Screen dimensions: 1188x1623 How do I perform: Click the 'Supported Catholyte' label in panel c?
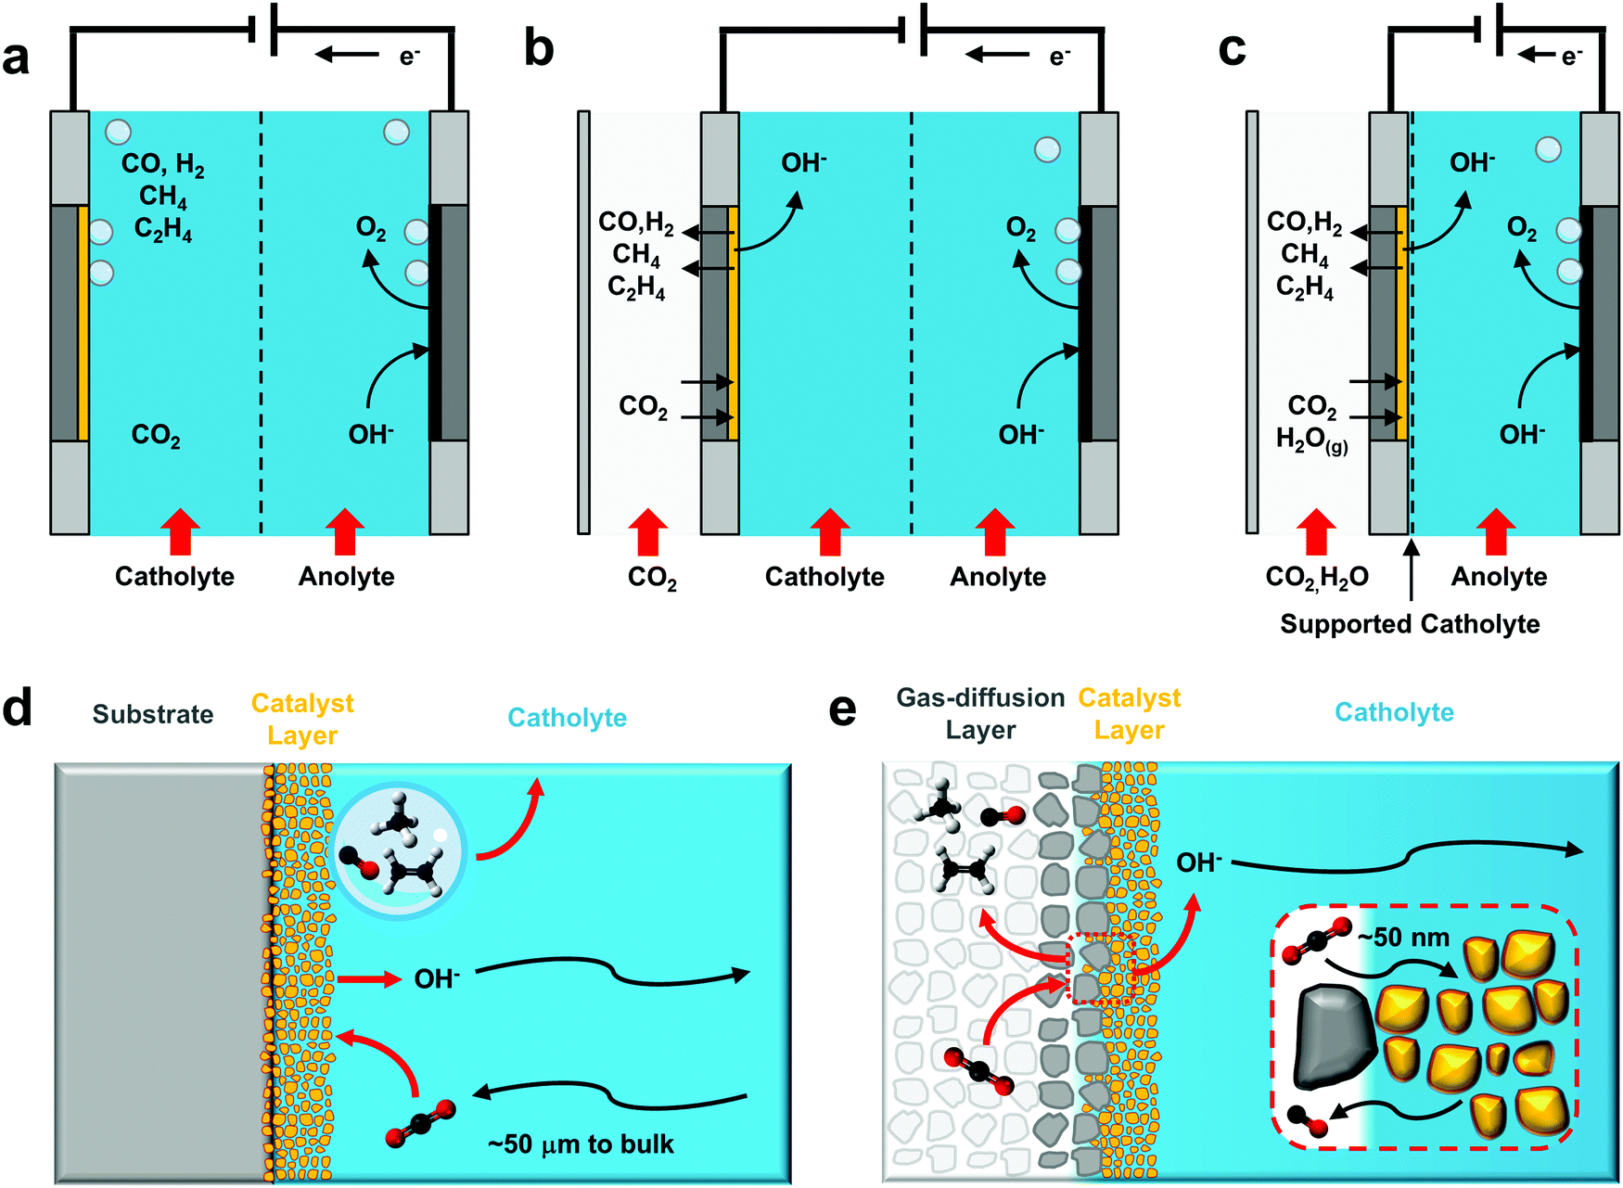(x=1409, y=624)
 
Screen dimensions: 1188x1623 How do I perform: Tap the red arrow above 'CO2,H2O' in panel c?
(x=1315, y=532)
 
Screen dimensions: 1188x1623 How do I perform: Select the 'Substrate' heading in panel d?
(x=153, y=714)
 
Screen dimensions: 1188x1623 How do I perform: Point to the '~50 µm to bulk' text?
(x=581, y=1144)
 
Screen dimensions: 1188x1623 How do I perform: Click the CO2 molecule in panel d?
(x=421, y=1123)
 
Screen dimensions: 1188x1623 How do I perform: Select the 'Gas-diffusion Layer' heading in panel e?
(x=980, y=713)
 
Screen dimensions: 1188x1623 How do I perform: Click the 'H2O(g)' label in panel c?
(x=1311, y=441)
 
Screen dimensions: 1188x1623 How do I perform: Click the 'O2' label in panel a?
(x=371, y=228)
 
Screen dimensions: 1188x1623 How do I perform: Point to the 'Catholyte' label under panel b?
(x=824, y=577)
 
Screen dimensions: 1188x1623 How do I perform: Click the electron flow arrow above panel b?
(x=998, y=55)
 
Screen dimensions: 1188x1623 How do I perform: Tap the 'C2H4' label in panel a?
(x=163, y=229)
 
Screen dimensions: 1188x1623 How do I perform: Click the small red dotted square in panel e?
(x=1102, y=969)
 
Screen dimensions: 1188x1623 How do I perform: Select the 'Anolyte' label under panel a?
(x=346, y=577)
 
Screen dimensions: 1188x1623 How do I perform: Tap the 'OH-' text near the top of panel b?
(x=803, y=163)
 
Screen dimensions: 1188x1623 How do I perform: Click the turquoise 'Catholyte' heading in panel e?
(x=1393, y=712)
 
